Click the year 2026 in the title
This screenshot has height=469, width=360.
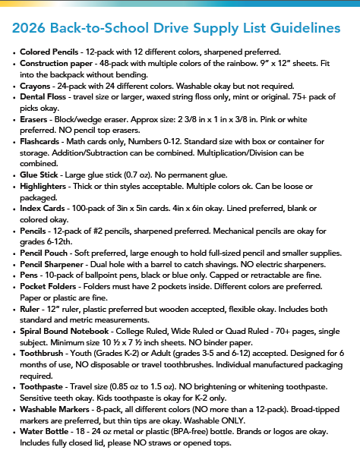tap(32, 29)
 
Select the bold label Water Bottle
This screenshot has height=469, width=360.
tap(46, 458)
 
